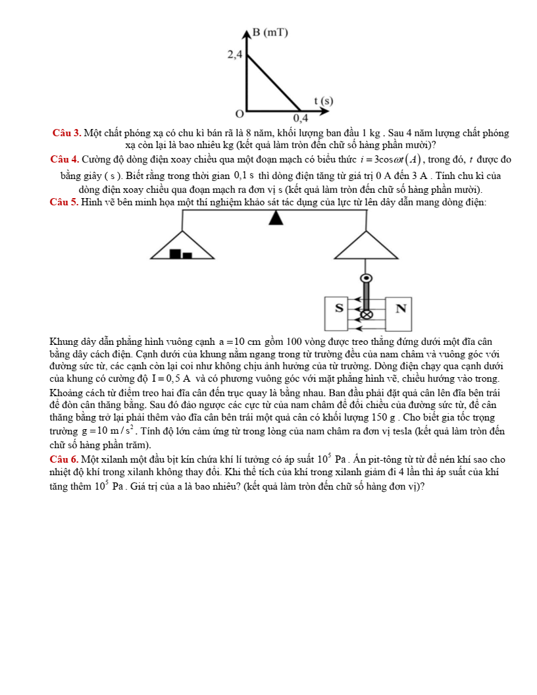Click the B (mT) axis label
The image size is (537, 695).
[x=270, y=33]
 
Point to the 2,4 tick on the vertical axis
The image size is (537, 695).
[x=235, y=55]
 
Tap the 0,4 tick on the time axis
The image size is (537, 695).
[x=300, y=118]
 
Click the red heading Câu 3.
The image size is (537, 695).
[x=67, y=134]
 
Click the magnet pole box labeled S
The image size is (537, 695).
[x=340, y=308]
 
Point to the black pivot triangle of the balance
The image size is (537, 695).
[x=276, y=218]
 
